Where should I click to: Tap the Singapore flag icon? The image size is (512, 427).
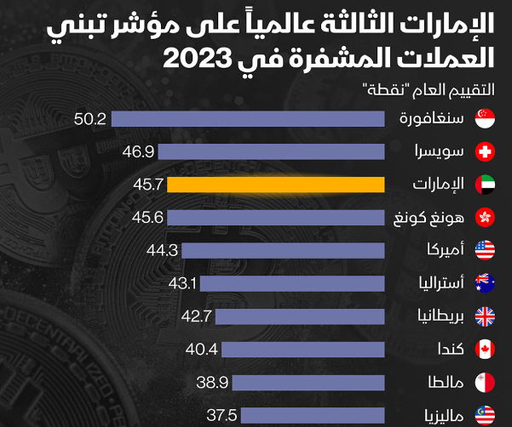coord(485,120)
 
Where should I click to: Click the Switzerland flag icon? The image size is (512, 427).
coord(485,152)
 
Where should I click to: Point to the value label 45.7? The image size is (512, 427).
coord(149,185)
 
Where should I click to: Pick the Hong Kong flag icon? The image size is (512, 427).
coord(485,217)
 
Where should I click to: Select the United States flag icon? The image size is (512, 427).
coord(485,250)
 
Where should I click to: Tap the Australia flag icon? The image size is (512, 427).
coord(485,282)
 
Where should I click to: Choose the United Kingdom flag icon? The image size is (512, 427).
coord(485,316)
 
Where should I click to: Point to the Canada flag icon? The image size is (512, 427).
coord(485,349)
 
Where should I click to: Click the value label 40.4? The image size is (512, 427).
coord(202,349)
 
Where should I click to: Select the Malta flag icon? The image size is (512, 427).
coord(485,382)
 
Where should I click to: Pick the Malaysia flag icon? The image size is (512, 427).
coord(485,414)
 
